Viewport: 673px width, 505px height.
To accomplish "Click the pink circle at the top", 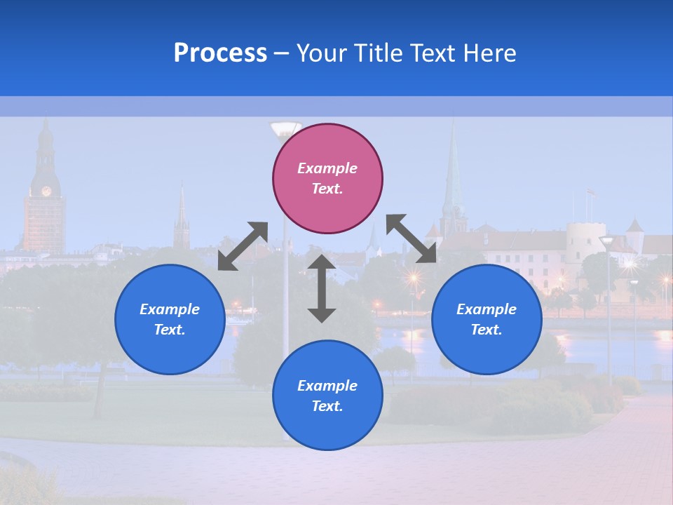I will [x=327, y=178].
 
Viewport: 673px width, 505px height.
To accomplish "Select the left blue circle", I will [x=170, y=319].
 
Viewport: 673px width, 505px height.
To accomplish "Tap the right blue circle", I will [x=487, y=319].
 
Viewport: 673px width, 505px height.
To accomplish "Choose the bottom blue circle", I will [x=327, y=395].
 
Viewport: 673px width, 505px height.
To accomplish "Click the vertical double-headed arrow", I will [x=322, y=288].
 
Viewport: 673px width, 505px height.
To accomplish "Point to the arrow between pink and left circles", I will [x=243, y=245].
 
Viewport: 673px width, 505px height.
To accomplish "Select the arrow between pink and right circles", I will [x=412, y=238].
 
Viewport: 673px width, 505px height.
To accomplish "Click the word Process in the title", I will [x=220, y=53].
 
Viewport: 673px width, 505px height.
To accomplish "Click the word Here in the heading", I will [x=491, y=53].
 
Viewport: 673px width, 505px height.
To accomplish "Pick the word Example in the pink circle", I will [x=327, y=168].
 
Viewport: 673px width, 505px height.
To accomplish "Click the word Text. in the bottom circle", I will [x=327, y=406].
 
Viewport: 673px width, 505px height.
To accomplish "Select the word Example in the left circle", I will [x=170, y=309].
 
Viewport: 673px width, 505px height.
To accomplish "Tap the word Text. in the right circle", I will [x=487, y=330].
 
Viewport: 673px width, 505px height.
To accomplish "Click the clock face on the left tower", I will [x=46, y=191].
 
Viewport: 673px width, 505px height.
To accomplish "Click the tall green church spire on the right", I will [x=452, y=175].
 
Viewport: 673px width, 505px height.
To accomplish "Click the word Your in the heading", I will [x=319, y=53].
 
